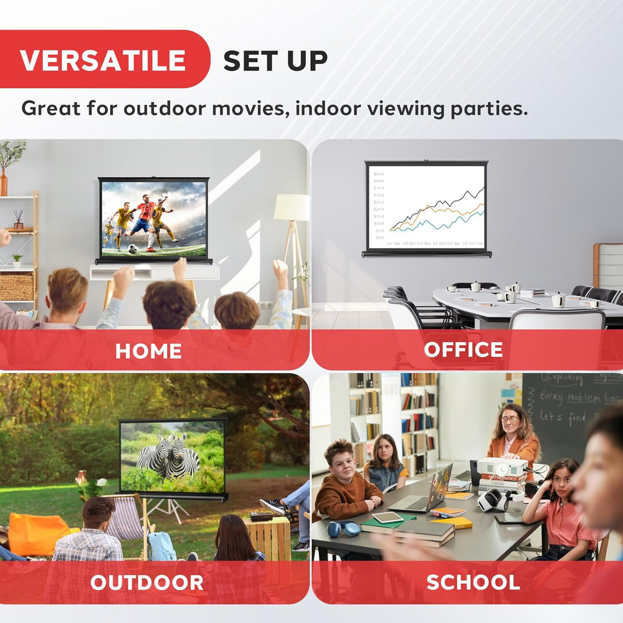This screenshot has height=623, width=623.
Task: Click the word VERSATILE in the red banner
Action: point(103,60)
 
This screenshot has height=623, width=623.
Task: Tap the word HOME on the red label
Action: point(148,351)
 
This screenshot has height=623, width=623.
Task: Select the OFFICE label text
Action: point(463,350)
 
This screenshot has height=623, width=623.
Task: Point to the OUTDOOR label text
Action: point(147,583)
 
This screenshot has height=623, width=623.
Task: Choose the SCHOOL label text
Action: point(473,582)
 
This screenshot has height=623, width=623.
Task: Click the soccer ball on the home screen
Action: point(132,249)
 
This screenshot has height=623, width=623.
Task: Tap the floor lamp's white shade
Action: point(292,207)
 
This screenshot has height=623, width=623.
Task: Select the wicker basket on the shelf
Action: point(16,287)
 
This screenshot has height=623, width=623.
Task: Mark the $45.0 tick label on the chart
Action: point(378,174)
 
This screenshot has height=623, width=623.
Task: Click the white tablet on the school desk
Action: point(387,517)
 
